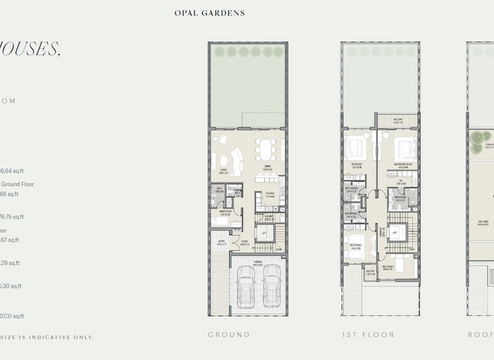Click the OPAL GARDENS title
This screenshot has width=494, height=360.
(210, 13)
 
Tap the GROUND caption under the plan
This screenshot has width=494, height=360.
(229, 334)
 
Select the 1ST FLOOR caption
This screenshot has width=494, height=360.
(369, 334)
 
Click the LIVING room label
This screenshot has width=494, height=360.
(223, 171)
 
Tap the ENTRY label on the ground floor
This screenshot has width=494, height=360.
(221, 243)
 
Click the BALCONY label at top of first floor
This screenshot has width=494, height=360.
(398, 120)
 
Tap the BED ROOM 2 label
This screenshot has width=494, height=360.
(355, 246)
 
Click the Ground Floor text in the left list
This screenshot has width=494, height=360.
(17, 184)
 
